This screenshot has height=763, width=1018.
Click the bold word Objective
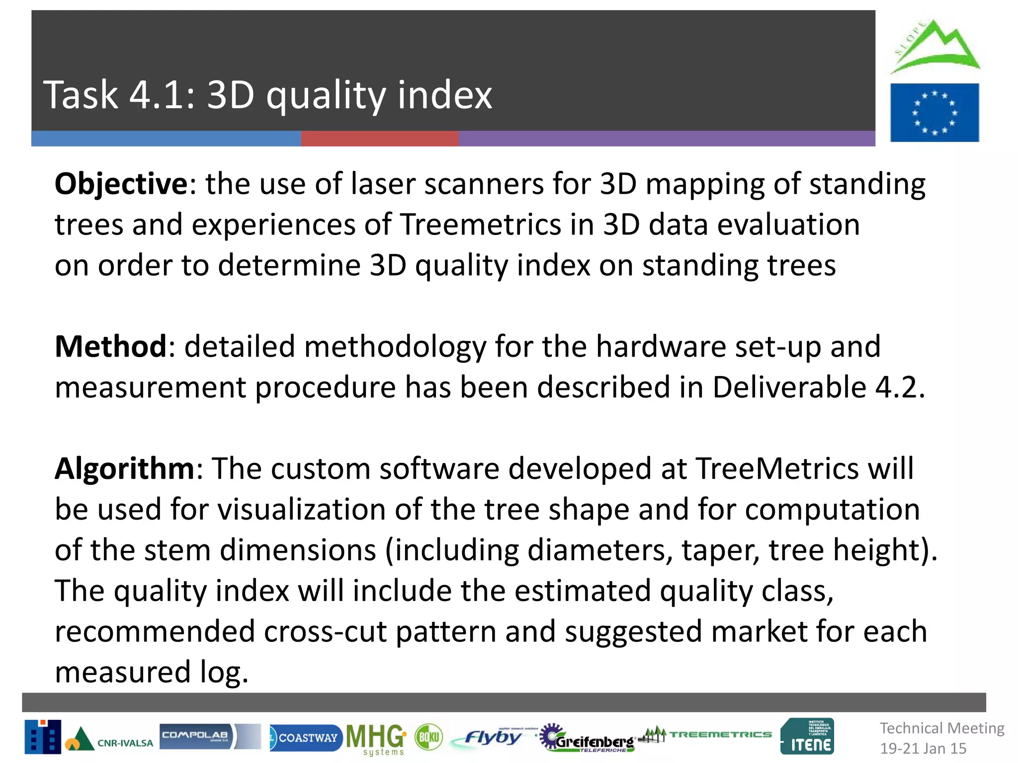121,184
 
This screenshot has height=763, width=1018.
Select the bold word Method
110,346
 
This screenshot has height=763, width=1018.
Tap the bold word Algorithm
124,468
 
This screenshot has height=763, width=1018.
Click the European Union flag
934,113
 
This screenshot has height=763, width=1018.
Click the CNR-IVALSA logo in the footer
89,738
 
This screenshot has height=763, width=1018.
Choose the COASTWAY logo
305,738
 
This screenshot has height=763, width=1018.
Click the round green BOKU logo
428,737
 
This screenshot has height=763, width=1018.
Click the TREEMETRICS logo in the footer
708,735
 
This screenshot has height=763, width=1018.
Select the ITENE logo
807,737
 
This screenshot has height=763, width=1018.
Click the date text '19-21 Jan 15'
923,748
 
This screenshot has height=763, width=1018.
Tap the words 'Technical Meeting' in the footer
942,728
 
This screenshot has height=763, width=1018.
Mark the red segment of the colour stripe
380,139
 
